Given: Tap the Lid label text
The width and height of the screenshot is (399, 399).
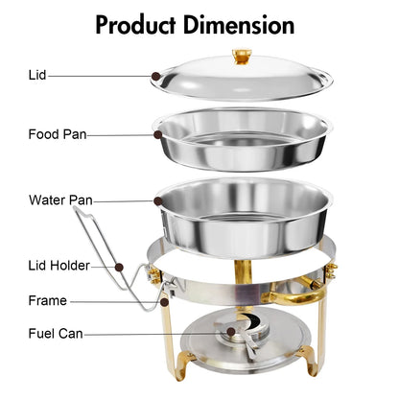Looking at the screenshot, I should [x=36, y=74].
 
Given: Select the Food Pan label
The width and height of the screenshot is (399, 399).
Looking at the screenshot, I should [x=58, y=134].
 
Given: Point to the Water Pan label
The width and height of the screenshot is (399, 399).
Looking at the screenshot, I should [x=59, y=200].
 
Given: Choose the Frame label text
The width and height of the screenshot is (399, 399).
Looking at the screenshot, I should [x=47, y=300].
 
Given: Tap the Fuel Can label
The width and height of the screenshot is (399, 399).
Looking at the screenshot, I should [x=56, y=334].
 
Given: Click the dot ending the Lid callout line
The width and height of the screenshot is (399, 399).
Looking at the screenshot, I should [x=156, y=75].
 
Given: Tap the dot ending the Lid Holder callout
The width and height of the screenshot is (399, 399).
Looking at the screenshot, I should [x=121, y=266].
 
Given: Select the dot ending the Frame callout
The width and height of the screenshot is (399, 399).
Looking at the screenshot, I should [x=165, y=301].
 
